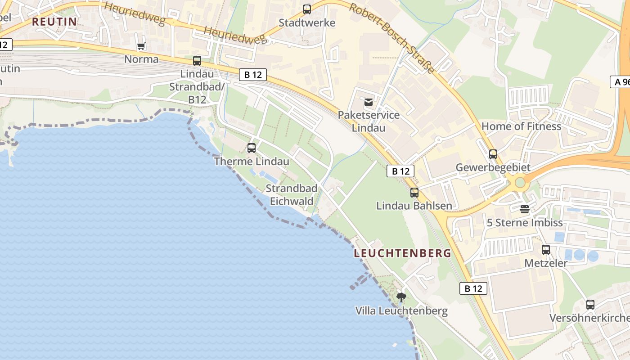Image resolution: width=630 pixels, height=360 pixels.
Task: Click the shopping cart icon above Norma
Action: coord(141,46)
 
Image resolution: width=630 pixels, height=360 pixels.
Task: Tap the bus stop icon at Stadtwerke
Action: coord(307,9)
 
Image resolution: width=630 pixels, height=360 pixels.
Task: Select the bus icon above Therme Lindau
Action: coord(252,148)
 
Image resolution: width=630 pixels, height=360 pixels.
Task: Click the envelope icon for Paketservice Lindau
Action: coord(369,102)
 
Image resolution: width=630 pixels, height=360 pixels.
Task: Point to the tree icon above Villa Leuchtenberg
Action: coord(401,297)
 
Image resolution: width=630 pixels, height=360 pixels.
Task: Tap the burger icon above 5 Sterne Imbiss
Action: coord(525,209)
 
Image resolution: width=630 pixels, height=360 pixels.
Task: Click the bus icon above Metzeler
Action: coord(546,249)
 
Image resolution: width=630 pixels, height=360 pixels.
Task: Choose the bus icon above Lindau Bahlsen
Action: coord(414,193)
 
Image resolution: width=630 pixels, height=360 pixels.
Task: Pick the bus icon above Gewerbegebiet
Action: coord(493,154)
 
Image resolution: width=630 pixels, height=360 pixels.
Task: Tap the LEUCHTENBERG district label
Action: coord(402,253)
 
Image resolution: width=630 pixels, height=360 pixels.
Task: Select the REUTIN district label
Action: coord(54,22)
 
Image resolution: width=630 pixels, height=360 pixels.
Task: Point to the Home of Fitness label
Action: coord(521,126)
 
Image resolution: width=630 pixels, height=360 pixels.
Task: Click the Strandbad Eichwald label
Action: coord(291,195)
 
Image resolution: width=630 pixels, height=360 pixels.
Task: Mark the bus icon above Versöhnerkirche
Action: coord(590,305)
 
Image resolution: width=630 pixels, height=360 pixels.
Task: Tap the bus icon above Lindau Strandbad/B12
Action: coord(197,61)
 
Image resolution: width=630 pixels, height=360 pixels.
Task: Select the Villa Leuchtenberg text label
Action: coord(401,311)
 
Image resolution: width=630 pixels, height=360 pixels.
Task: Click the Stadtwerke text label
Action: coord(307,23)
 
